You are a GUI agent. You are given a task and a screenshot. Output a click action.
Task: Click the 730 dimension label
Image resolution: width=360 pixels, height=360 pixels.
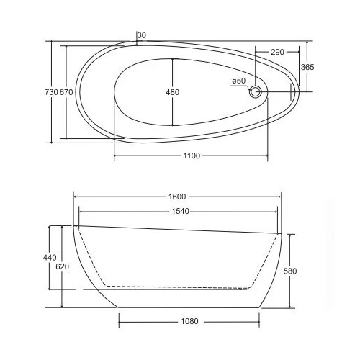click(x=51, y=92)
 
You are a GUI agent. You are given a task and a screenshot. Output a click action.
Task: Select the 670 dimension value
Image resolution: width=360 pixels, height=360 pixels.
click(x=66, y=92)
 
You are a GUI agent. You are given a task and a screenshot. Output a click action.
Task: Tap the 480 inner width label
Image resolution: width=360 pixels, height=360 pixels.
click(x=172, y=92)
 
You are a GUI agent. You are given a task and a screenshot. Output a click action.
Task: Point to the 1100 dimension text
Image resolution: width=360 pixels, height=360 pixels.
click(x=192, y=156)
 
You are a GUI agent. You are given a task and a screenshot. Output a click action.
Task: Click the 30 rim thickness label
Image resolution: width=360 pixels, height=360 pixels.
click(x=142, y=35)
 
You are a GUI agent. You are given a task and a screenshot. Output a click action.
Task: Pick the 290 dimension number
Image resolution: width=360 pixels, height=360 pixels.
click(x=277, y=52)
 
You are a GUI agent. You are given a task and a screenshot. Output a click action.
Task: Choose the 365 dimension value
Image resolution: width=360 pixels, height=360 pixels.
click(x=307, y=67)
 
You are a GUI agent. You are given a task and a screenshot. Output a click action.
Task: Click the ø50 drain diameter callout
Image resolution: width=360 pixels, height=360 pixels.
click(x=239, y=81)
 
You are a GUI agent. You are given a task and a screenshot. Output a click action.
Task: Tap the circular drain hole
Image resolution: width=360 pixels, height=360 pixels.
click(x=255, y=91)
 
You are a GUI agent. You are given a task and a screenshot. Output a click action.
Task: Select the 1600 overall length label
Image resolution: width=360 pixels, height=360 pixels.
click(x=177, y=197)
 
